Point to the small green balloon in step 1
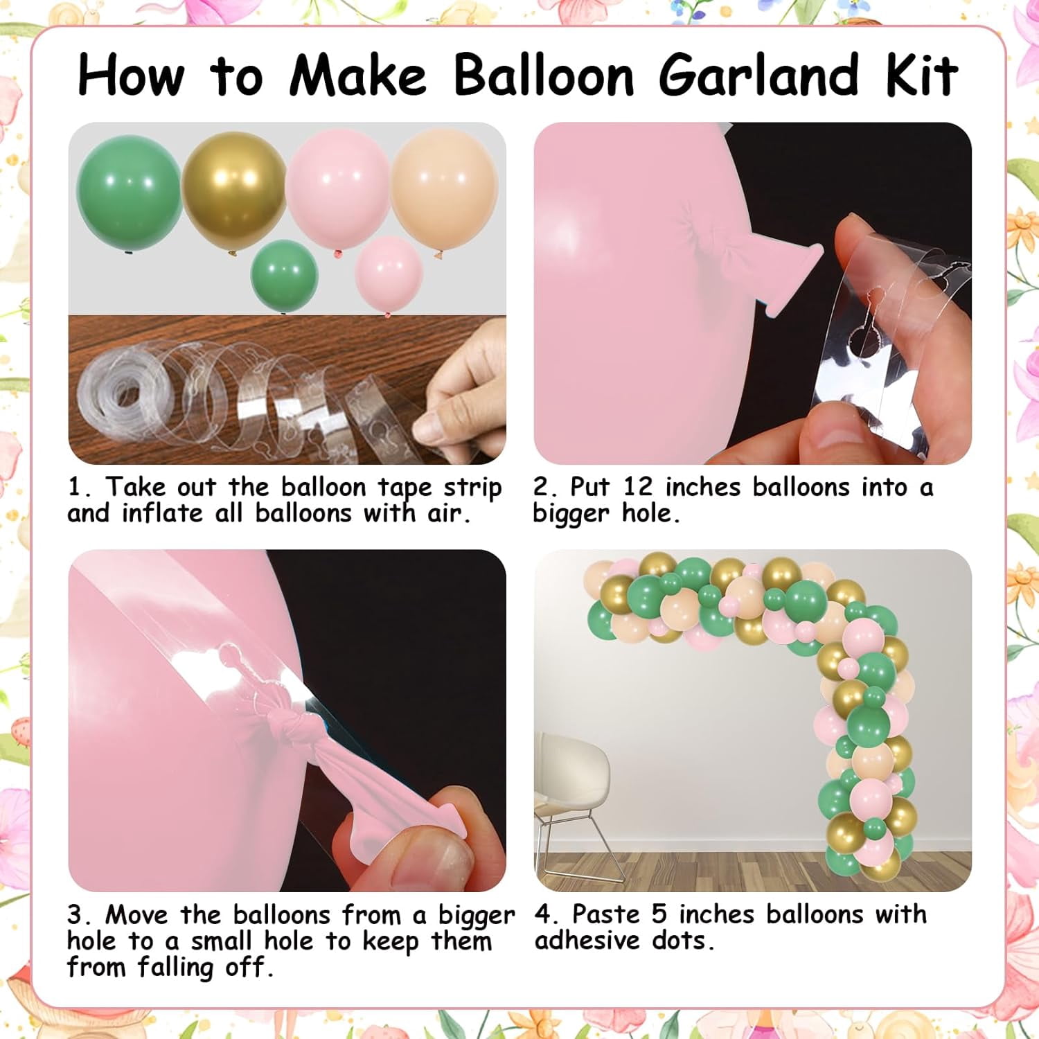(284, 276)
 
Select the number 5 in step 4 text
(659, 914)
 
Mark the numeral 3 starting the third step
(76, 915)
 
